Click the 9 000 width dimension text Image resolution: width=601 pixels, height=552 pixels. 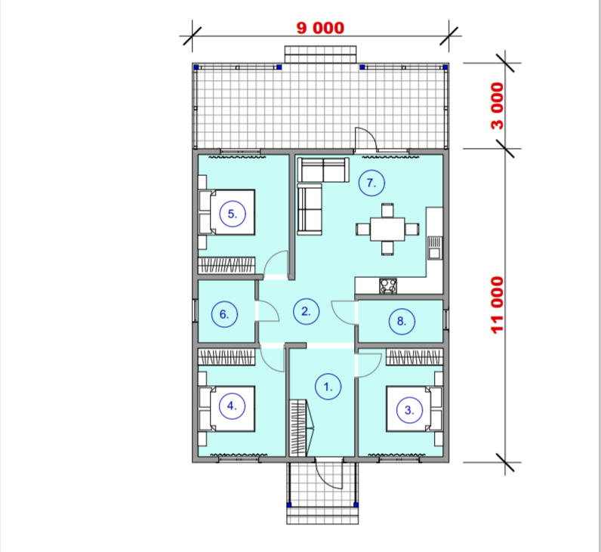click(x=320, y=28)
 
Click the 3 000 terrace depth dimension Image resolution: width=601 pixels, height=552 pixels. click(x=498, y=106)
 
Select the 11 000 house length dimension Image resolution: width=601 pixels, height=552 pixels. click(x=498, y=305)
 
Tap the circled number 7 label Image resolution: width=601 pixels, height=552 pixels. click(x=371, y=183)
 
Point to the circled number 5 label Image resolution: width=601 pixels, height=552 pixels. click(x=233, y=214)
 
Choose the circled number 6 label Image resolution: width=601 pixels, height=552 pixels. click(x=224, y=314)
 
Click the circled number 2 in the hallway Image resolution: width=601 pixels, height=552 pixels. click(x=306, y=311)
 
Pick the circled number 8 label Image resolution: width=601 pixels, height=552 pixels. click(x=402, y=321)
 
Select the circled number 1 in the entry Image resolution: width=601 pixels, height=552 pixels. click(x=328, y=387)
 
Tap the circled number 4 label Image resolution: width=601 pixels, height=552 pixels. click(x=232, y=406)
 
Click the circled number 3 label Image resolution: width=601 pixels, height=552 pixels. click(x=409, y=410)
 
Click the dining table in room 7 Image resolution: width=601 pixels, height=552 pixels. click(x=387, y=229)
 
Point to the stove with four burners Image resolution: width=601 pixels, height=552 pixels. click(x=388, y=286)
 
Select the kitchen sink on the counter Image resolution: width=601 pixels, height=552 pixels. click(x=435, y=248)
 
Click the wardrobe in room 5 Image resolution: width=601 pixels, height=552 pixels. click(x=227, y=265)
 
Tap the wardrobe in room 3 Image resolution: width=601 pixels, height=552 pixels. click(x=415, y=357)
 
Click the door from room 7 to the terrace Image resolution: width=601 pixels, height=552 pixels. click(x=366, y=139)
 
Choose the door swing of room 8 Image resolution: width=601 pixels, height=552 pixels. click(x=344, y=313)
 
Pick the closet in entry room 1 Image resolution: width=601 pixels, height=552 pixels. click(x=301, y=427)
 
